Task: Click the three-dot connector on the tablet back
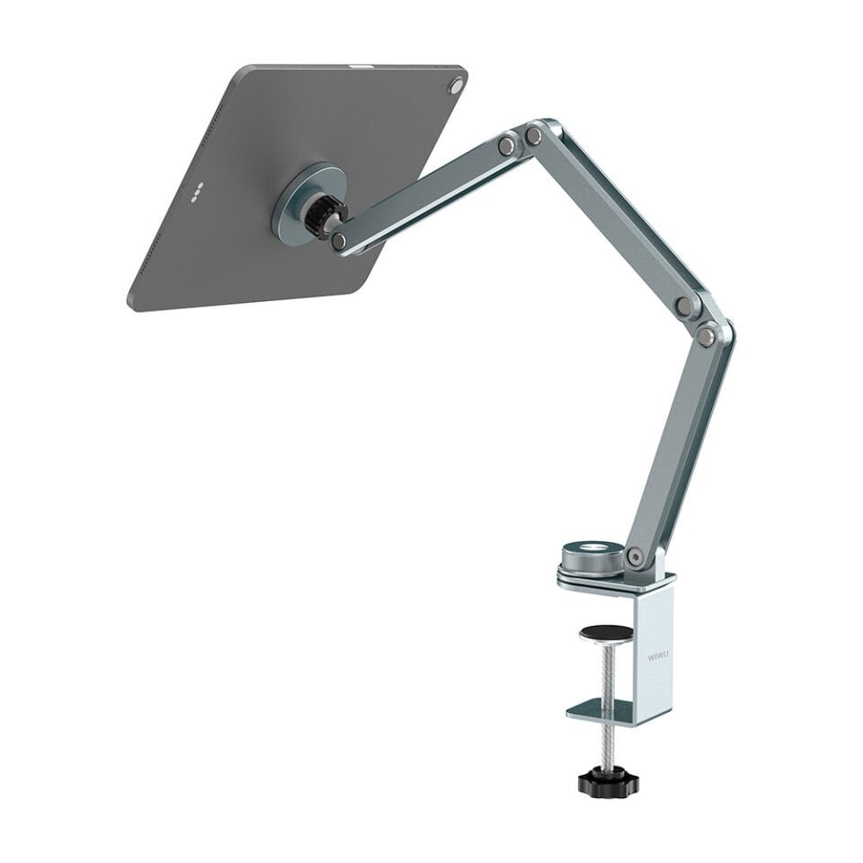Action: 197,191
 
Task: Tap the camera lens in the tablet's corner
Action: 457,86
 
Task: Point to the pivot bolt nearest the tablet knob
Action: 339,241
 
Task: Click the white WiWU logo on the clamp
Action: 657,657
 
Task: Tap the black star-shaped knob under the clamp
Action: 608,781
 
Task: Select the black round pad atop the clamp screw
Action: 605,633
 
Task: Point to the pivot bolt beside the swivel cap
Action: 636,556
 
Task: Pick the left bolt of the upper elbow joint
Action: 508,145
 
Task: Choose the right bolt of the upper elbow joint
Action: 535,136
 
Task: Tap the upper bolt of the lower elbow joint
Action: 683,306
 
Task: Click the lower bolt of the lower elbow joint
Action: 707,336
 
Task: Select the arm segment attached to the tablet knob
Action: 423,193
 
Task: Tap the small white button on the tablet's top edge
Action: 360,66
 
